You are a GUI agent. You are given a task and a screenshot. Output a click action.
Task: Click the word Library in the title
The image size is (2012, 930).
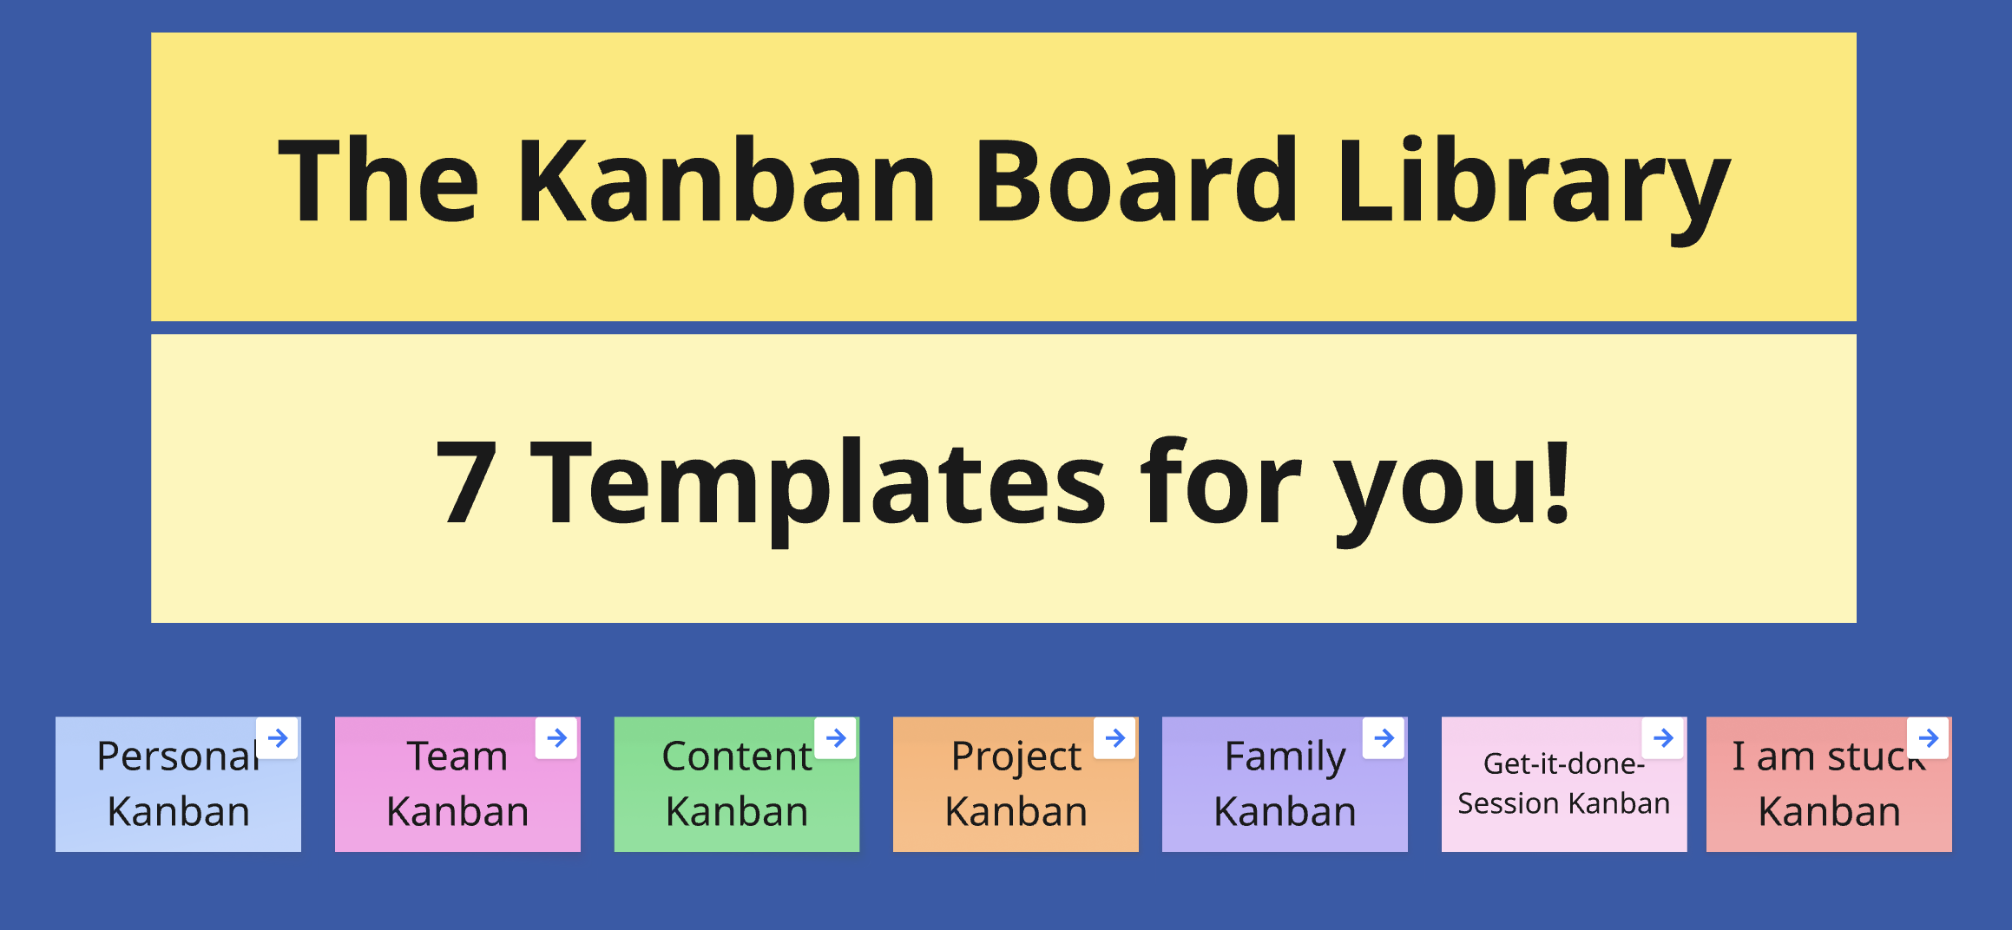click(1533, 186)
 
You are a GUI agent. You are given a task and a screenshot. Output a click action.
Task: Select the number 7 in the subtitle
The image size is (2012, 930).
click(466, 482)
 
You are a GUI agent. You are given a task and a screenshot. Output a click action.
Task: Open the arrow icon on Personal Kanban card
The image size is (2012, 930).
click(278, 738)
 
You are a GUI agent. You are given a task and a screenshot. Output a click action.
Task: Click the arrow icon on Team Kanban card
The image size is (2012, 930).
click(557, 738)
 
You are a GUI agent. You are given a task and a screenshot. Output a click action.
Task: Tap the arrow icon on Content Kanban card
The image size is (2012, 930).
click(836, 738)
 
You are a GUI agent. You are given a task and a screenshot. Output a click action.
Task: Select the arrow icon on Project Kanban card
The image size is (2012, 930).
click(1115, 738)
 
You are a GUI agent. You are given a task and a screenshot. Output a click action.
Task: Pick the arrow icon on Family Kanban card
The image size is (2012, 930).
click(1384, 738)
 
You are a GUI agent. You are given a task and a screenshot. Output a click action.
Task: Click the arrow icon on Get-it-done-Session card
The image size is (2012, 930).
click(1663, 738)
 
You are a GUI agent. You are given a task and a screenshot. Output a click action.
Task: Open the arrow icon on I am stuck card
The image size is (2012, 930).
click(1929, 738)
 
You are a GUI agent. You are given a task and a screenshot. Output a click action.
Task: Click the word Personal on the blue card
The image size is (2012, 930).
click(178, 756)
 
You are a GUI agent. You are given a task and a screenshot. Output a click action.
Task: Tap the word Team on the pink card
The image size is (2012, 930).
click(457, 756)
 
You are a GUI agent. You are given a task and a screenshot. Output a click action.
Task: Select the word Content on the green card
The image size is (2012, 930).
click(737, 756)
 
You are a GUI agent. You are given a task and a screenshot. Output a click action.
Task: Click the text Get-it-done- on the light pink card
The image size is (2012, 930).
click(1564, 763)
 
